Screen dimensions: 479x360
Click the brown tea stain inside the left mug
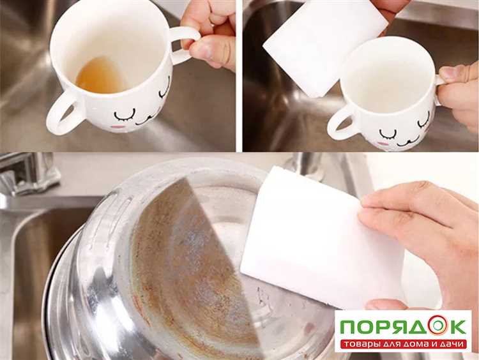99,76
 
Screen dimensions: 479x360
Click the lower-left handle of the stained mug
63,113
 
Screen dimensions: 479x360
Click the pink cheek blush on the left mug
117,126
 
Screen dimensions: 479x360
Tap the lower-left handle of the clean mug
340,124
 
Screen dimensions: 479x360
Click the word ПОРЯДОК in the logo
403,326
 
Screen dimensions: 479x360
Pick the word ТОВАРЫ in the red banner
361,345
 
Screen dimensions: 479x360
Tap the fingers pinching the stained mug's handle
211,36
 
